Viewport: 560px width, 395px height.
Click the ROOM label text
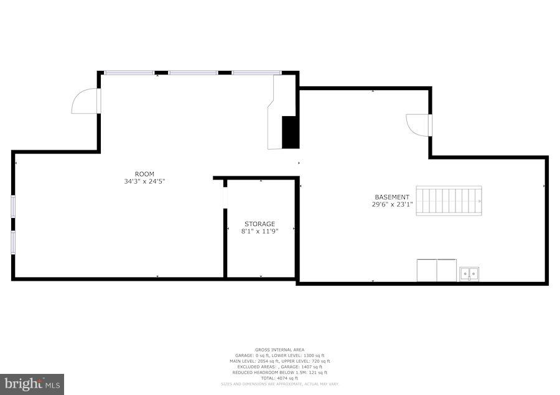click(144, 174)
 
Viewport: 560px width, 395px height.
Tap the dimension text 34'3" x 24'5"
click(144, 181)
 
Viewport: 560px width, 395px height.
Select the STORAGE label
click(259, 224)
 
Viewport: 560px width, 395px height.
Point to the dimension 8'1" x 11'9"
click(259, 231)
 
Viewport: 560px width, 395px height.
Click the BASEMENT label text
click(391, 197)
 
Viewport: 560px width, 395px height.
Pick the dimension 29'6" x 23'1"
click(391, 204)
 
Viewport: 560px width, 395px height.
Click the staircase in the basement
click(449, 201)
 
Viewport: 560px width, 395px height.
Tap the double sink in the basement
click(470, 273)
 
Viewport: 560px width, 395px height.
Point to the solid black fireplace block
click(290, 132)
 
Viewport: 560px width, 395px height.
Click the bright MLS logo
click(32, 384)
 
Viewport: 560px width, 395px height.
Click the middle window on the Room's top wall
click(193, 73)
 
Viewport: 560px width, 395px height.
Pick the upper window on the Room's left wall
click(13, 206)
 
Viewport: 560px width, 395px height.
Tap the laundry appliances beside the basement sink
click(437, 270)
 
